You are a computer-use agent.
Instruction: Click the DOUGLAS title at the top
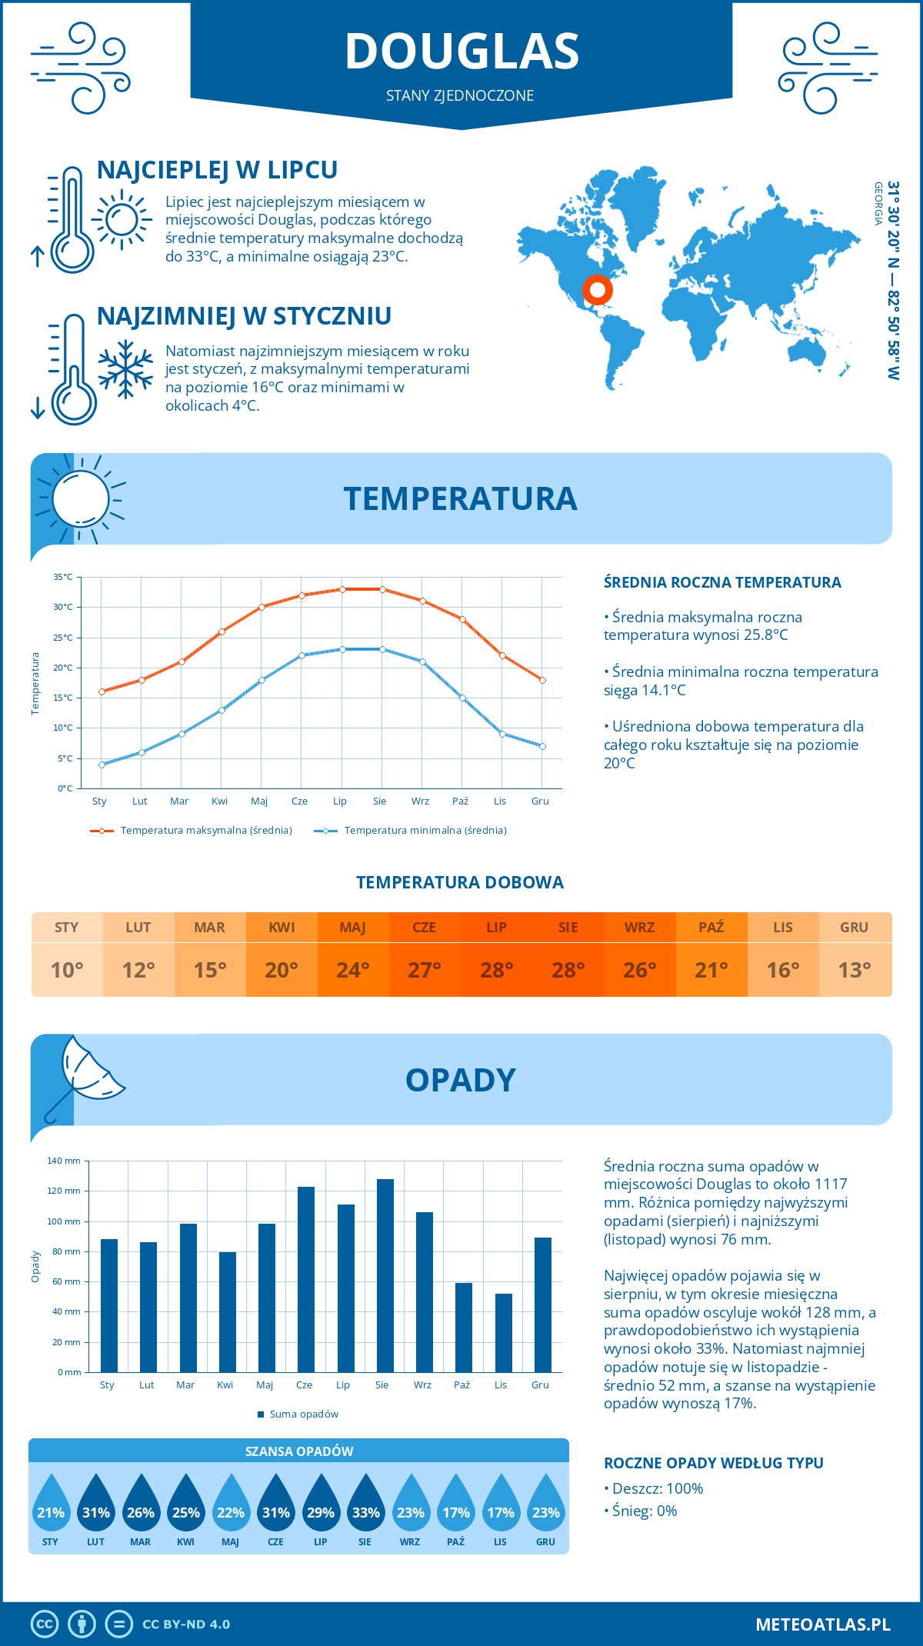coord(461,52)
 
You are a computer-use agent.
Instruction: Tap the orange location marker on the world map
coord(597,290)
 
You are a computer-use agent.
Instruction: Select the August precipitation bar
coord(385,1275)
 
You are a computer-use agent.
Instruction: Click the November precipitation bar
coord(504,1332)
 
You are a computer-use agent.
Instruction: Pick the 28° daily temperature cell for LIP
coord(497,969)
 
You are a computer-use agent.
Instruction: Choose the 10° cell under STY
coord(67,969)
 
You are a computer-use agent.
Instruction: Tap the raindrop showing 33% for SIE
coord(365,1504)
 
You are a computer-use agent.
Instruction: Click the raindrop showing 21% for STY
coord(51,1504)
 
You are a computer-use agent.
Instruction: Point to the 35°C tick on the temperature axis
coord(63,577)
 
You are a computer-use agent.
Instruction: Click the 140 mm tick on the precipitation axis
coord(65,1161)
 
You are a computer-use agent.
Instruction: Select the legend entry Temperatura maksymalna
coord(192,831)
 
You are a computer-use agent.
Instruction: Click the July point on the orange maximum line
coord(342,589)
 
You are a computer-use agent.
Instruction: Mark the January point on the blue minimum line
coord(102,765)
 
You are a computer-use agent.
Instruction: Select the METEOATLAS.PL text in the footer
coord(822,1624)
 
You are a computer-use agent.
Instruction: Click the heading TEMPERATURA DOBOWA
coord(460,882)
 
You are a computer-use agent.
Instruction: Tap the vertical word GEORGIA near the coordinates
coord(878,203)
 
